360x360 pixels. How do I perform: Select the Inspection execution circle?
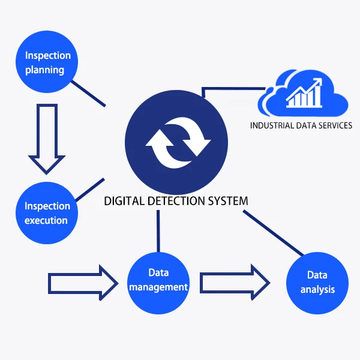click(47, 213)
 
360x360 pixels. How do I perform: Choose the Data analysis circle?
click(317, 283)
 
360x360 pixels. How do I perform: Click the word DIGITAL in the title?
click(124, 201)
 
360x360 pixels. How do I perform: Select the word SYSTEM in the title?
click(227, 201)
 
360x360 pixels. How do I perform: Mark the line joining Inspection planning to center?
click(89, 92)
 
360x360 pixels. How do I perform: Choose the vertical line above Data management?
click(158, 230)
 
